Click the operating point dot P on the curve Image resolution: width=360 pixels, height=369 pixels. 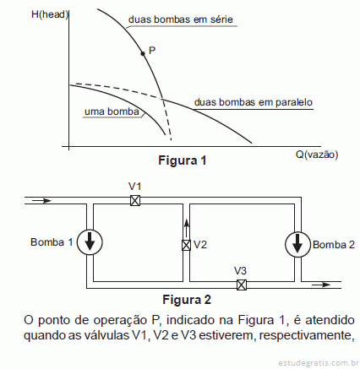pos(143,53)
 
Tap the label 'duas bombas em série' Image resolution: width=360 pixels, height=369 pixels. pos(181,19)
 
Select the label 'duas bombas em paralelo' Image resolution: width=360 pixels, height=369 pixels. pos(254,102)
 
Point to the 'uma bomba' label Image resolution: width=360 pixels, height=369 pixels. pos(112,111)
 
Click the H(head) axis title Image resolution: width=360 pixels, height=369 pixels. pos(50,14)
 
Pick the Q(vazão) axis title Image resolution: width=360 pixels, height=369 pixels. pos(317,155)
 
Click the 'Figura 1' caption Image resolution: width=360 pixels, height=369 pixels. pos(183,160)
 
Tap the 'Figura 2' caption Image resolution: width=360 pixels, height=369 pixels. pos(187,300)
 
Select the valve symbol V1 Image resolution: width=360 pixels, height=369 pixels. pos(135,200)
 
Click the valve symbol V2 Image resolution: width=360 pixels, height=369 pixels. pos(186,245)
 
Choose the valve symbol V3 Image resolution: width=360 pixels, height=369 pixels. pos(242,285)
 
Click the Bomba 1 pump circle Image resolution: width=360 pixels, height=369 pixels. pos(90,242)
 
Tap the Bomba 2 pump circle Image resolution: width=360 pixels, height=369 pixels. pos(297,244)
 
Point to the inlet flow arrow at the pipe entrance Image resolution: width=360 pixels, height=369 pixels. pos(41,201)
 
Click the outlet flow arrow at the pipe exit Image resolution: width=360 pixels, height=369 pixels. pos(321,285)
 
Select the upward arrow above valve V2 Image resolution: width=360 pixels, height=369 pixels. pos(186,229)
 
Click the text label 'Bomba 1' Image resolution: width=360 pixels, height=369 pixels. pos(52,242)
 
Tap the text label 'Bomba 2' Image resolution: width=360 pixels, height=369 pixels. pos(334,245)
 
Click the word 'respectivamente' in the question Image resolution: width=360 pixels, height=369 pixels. pos(305,335)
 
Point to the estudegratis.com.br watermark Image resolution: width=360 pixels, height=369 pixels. pos(319,362)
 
